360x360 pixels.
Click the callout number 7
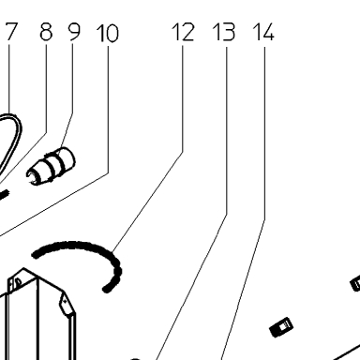(10, 32)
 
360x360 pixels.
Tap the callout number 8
(46, 32)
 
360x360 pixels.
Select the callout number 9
(74, 32)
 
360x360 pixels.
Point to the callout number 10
(108, 33)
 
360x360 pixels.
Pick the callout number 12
(183, 32)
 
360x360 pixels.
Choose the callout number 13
(224, 32)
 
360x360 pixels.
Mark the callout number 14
(263, 32)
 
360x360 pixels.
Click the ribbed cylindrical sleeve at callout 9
(51, 166)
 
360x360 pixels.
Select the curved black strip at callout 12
(94, 247)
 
